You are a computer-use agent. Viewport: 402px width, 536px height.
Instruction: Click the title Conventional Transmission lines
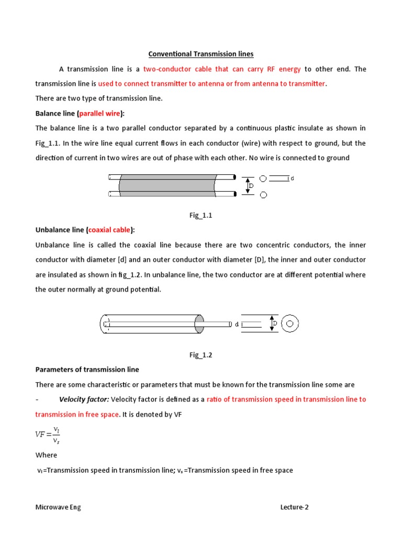coord(201,54)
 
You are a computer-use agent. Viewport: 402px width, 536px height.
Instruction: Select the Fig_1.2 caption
coord(201,354)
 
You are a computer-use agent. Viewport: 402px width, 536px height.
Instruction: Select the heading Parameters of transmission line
coord(87,370)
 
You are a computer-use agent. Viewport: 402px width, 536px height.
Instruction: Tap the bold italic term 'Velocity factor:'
coord(84,399)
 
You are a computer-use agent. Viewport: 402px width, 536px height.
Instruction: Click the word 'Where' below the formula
coord(46,455)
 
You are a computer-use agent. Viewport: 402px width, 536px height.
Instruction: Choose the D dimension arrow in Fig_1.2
coord(272,324)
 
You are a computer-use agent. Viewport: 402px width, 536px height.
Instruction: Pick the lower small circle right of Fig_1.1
coord(263,195)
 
